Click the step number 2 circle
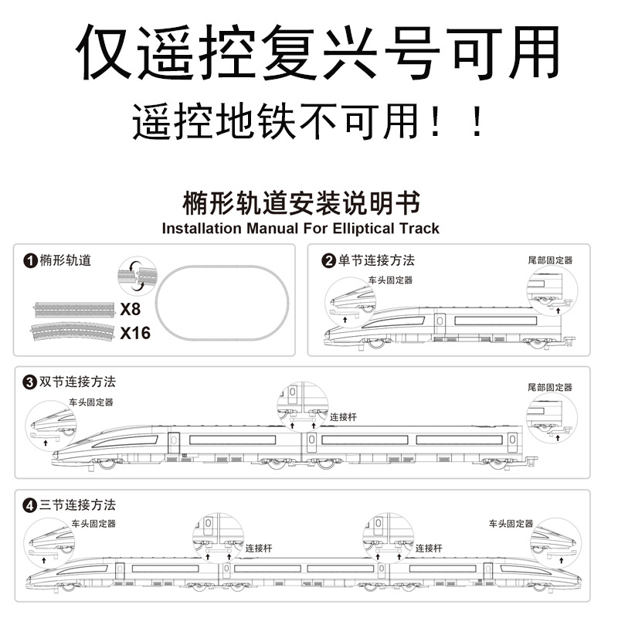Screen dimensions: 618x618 (328, 260)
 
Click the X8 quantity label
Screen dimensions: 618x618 (131, 310)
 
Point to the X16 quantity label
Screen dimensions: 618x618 (135, 333)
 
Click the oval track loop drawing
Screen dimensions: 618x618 (223, 302)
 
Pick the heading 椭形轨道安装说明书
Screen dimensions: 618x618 (302, 204)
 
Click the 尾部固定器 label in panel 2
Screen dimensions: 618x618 (550, 261)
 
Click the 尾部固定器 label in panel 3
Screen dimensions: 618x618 (550, 386)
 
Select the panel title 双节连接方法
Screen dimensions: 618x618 (77, 382)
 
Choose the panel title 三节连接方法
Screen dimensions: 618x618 (77, 506)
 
